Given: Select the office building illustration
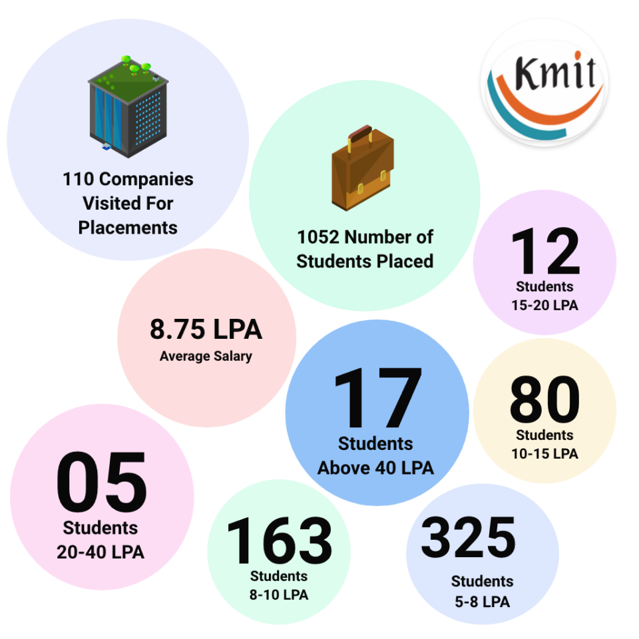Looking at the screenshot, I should point(128,106).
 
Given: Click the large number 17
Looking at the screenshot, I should point(377,399).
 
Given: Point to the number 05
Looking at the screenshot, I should point(101,484).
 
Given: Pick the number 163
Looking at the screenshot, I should point(279,540).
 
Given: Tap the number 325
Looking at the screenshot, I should point(469,538).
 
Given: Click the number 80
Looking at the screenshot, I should point(544,401).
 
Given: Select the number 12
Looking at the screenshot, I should point(545,252).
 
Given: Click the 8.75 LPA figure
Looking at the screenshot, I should point(206,330).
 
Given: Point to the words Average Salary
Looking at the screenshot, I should point(206,356).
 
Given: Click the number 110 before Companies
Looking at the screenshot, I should point(78,179).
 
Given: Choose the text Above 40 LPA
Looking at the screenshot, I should point(375,468).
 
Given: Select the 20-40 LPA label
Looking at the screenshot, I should point(101,552).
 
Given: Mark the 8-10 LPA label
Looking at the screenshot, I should point(279,595).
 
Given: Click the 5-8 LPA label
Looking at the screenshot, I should point(482,602).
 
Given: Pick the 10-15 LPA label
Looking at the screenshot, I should point(544,454).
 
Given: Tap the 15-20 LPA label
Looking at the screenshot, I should point(544,306).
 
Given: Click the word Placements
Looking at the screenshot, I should point(128,228).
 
